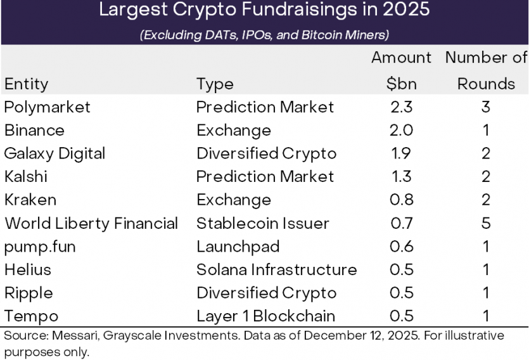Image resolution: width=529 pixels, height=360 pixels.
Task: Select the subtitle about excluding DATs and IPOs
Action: coord(264,34)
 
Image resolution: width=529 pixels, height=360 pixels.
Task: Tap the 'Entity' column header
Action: coord(26,84)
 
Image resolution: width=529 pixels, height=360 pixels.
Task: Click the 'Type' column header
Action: coord(215,84)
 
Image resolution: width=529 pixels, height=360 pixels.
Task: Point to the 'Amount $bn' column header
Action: coord(401,70)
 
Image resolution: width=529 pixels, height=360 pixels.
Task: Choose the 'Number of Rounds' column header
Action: coord(486,70)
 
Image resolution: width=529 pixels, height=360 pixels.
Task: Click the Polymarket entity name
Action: coord(47,107)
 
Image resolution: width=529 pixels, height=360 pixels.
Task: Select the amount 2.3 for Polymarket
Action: coord(401,107)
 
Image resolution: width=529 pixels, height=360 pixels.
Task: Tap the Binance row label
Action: coord(34,131)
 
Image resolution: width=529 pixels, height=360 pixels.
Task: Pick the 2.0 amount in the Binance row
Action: coord(401,131)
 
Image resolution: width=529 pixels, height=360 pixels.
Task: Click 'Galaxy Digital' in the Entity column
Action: coord(54,153)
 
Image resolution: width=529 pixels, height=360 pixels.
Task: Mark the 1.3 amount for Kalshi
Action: coord(401,177)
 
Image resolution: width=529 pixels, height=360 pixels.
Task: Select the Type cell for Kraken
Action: coord(233,200)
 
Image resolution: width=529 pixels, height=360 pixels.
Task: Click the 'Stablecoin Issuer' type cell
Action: coord(262,223)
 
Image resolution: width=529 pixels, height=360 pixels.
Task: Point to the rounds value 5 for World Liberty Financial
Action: coord(485,223)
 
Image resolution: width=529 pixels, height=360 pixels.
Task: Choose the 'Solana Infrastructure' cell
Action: coord(276,270)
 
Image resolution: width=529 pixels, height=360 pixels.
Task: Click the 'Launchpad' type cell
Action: coord(238,247)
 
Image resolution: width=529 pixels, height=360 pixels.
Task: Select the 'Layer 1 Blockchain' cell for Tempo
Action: coord(265,316)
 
